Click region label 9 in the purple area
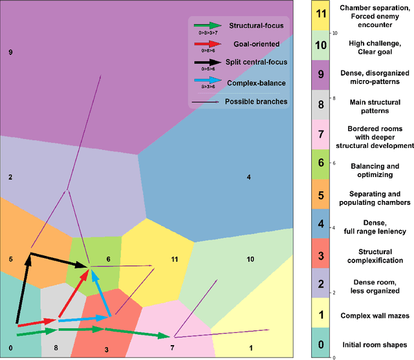tap(10, 52)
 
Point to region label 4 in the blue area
tap(248, 177)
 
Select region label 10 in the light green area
tap(250, 259)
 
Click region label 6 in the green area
tap(108, 259)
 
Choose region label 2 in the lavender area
tap(10, 177)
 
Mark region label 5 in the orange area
tap(10, 259)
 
